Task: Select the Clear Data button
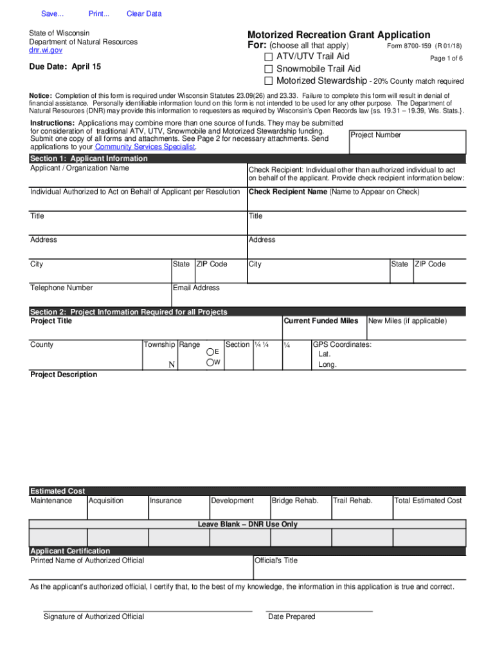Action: click(144, 14)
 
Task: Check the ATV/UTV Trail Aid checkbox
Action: click(269, 57)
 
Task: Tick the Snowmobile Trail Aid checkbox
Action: click(269, 69)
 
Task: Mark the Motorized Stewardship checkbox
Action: click(269, 81)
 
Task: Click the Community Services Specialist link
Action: click(145, 147)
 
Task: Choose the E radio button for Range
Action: click(210, 351)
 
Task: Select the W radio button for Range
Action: click(210, 363)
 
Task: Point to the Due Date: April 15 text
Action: click(65, 67)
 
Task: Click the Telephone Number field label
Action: click(62, 288)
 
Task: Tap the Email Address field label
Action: click(196, 288)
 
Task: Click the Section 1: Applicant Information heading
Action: click(89, 158)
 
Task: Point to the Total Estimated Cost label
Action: click(428, 501)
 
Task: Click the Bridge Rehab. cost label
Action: click(294, 501)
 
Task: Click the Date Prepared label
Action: click(291, 617)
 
